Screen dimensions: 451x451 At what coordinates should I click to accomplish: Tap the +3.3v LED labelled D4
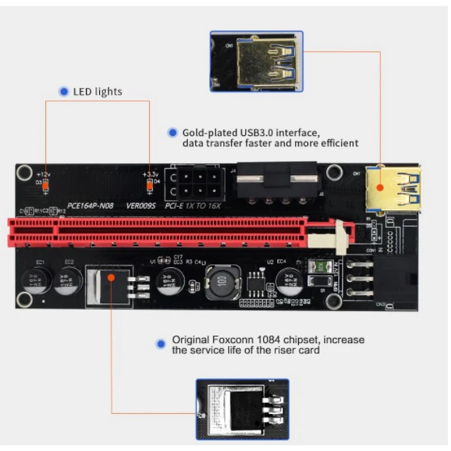150,184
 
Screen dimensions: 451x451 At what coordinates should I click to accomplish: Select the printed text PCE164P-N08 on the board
91,206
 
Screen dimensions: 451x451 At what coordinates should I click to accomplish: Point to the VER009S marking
142,206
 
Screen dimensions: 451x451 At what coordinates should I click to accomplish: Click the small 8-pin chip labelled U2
259,278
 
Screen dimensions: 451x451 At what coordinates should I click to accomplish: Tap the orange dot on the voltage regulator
111,276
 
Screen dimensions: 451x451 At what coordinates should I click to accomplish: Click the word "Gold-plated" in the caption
209,133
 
